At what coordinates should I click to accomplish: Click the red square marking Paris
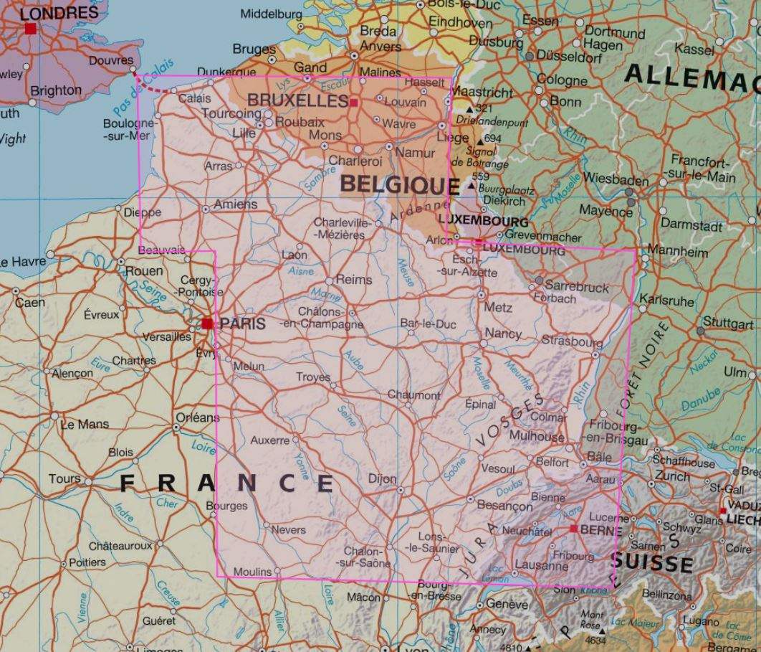207,323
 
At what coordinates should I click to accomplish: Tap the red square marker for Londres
30,28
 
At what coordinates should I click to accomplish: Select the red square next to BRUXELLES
353,103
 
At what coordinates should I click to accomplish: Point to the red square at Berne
573,529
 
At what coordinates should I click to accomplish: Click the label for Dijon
381,478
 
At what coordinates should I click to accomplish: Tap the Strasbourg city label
572,341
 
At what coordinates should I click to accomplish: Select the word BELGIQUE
399,184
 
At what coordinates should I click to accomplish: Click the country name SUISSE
652,563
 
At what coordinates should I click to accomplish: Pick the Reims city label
354,279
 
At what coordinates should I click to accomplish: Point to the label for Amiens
235,204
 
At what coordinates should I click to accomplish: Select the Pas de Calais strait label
143,91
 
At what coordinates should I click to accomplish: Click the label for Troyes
313,377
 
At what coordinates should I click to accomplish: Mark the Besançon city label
504,506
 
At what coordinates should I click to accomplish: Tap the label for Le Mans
85,424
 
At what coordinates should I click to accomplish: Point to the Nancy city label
503,334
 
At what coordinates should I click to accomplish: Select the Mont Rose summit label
592,619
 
